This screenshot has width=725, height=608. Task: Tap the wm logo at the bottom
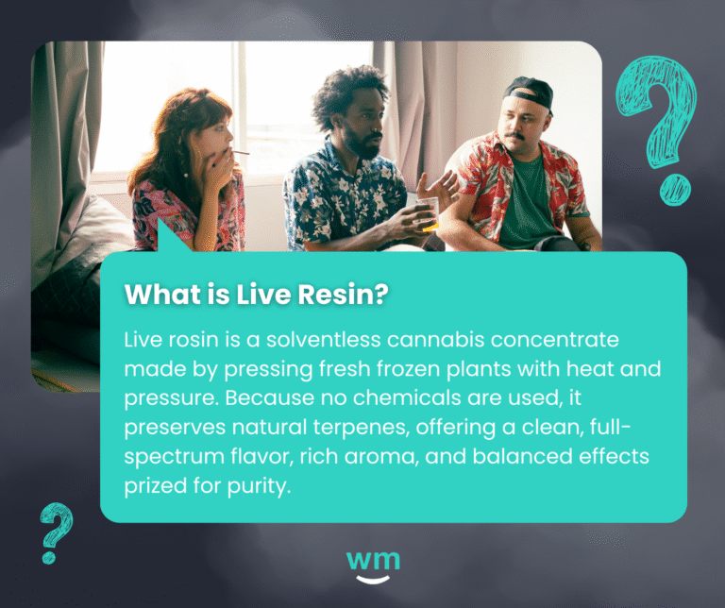click(373, 564)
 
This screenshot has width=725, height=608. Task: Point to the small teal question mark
click(57, 532)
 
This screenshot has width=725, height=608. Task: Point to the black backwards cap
click(531, 93)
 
